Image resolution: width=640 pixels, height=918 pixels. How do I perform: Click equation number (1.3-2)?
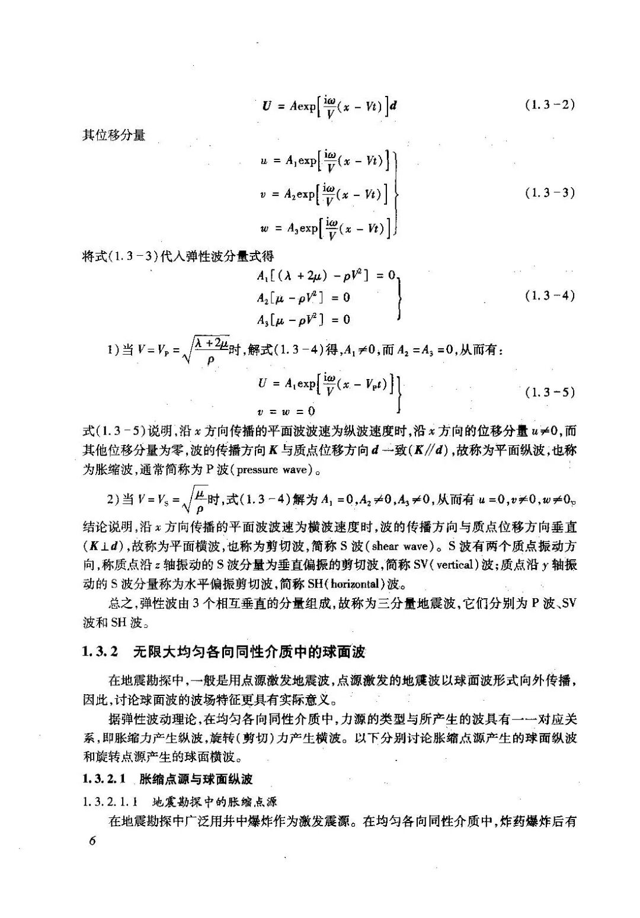(550, 105)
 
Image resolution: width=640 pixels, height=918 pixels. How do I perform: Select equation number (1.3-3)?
(550, 192)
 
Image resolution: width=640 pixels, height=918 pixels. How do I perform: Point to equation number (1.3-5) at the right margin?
(550, 391)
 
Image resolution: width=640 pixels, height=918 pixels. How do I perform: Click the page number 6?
(92, 842)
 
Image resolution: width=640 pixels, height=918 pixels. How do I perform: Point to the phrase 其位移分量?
(114, 135)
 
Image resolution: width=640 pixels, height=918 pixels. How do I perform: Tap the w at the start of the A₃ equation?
(264, 228)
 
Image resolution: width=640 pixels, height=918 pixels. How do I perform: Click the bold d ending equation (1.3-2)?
(393, 107)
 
